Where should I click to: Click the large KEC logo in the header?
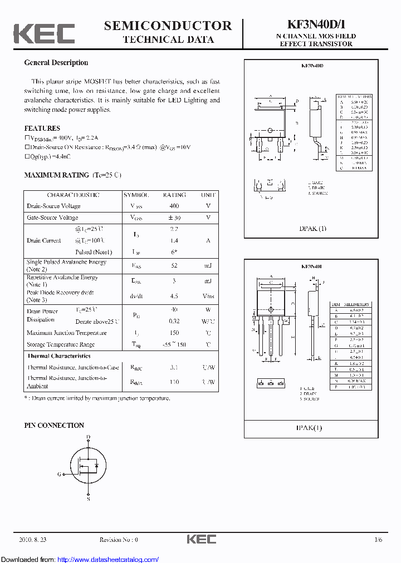(x=44, y=33)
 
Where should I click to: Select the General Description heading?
(x=56, y=63)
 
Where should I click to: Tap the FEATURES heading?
(x=42, y=128)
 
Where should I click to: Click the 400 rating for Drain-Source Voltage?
(x=174, y=206)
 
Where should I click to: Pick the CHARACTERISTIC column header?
(x=73, y=195)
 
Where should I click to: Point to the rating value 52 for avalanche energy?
(x=174, y=266)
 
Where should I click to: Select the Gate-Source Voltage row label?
(x=53, y=218)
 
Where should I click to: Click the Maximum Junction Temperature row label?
(x=66, y=333)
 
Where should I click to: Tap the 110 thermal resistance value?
(x=174, y=382)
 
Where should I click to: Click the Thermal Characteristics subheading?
(x=58, y=356)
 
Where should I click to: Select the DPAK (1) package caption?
(x=313, y=229)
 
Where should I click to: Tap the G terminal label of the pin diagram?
(x=60, y=475)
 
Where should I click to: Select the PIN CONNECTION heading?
(x=54, y=426)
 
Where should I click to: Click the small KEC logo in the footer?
(x=200, y=540)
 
